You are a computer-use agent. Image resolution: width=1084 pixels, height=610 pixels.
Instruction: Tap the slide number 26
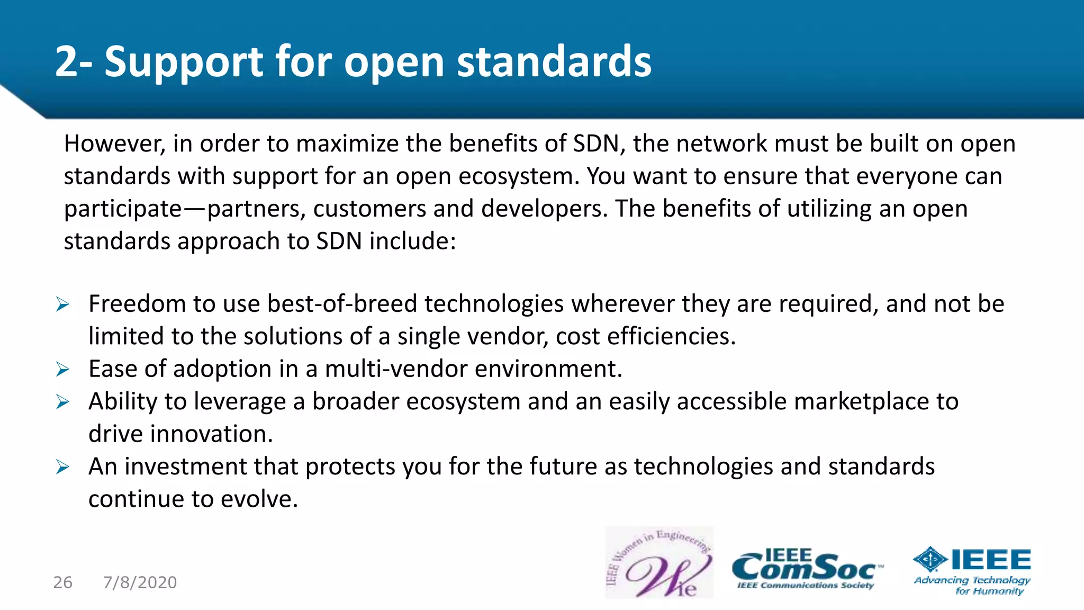click(x=62, y=582)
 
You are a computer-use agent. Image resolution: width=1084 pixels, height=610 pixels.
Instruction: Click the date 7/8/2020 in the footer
click(x=140, y=582)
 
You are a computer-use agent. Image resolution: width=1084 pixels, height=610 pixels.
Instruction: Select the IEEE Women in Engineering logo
click(x=659, y=563)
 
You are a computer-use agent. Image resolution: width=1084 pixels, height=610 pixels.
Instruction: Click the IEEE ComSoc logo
click(x=807, y=570)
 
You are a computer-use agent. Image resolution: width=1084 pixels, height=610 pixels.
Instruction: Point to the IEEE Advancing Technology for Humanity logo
click(x=972, y=571)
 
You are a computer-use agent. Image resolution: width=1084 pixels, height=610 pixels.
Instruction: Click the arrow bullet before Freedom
click(x=62, y=304)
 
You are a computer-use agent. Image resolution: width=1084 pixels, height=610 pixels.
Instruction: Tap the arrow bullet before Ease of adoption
click(x=62, y=370)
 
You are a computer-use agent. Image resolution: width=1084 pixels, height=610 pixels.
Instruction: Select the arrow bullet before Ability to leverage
click(x=62, y=402)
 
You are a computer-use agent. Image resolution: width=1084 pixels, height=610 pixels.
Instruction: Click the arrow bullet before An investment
click(x=62, y=467)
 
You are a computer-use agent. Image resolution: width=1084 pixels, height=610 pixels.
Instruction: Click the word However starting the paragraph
click(x=115, y=143)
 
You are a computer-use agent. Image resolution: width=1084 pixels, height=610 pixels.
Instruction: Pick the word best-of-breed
click(x=342, y=304)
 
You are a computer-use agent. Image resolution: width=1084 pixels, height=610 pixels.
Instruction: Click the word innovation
click(x=211, y=434)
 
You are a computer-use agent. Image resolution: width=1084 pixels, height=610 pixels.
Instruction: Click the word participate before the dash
click(x=123, y=209)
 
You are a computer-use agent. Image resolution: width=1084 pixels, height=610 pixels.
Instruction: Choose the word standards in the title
click(x=554, y=62)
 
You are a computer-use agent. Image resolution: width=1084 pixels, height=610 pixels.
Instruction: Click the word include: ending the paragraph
click(x=412, y=241)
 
